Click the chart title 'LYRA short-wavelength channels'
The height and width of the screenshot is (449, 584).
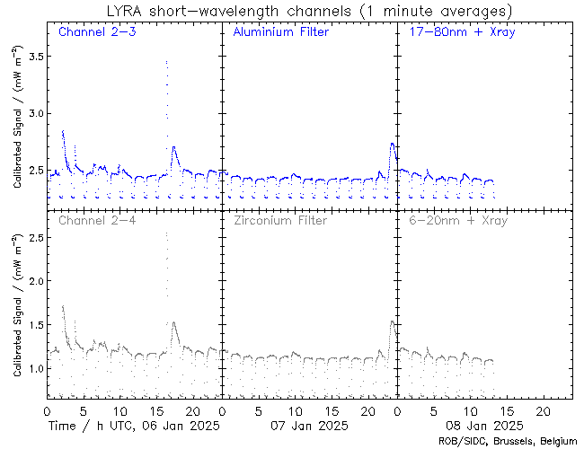[229, 11]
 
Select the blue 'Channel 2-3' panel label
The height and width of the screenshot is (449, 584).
[97, 31]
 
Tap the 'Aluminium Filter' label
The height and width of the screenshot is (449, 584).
[281, 31]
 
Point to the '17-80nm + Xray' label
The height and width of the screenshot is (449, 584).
[462, 31]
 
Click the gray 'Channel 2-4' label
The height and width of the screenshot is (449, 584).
[97, 220]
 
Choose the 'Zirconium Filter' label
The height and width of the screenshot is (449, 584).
[280, 220]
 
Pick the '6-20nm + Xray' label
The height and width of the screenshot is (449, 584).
[458, 220]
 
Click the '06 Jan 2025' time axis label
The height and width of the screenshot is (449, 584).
[181, 426]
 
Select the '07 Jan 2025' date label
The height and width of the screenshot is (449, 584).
[309, 426]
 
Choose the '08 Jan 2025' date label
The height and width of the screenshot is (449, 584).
[484, 426]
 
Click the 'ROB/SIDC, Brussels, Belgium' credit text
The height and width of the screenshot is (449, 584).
[508, 442]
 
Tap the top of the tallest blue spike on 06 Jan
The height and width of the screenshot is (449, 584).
[166, 61]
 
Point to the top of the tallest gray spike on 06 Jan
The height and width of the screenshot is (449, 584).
[166, 233]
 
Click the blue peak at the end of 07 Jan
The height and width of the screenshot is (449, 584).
[393, 144]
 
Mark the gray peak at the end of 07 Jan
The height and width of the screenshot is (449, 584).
[393, 321]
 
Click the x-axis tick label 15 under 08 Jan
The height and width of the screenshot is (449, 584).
[508, 411]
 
